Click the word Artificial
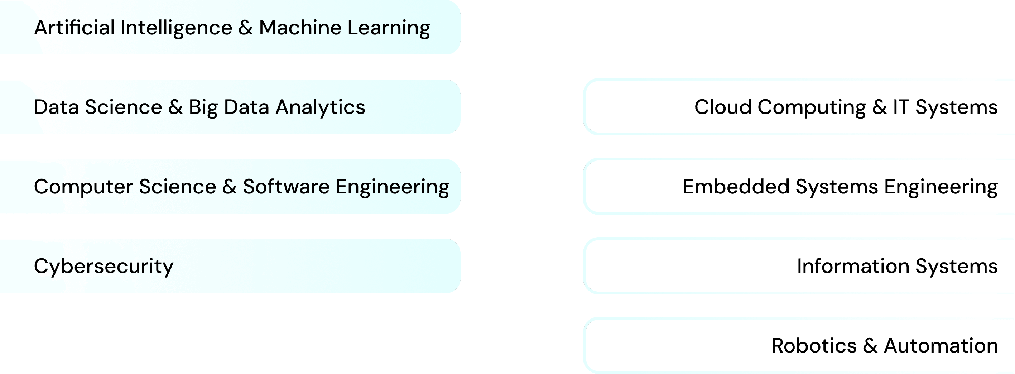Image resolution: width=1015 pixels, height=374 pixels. tap(74, 28)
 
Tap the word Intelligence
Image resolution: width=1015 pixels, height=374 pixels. tap(176, 28)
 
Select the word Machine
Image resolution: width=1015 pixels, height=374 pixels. tap(300, 28)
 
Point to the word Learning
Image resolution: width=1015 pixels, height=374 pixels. tap(389, 28)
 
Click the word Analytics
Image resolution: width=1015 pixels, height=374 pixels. tap(320, 107)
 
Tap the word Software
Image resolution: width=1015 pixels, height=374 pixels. tap(286, 187)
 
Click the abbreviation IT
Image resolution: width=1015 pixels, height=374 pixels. tap(901, 107)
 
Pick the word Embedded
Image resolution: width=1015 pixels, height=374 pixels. tap(736, 187)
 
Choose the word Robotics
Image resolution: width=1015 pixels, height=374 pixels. tap(814, 346)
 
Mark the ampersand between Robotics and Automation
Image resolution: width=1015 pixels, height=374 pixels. tap(870, 346)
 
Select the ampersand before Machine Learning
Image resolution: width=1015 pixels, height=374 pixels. tap(245, 28)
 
